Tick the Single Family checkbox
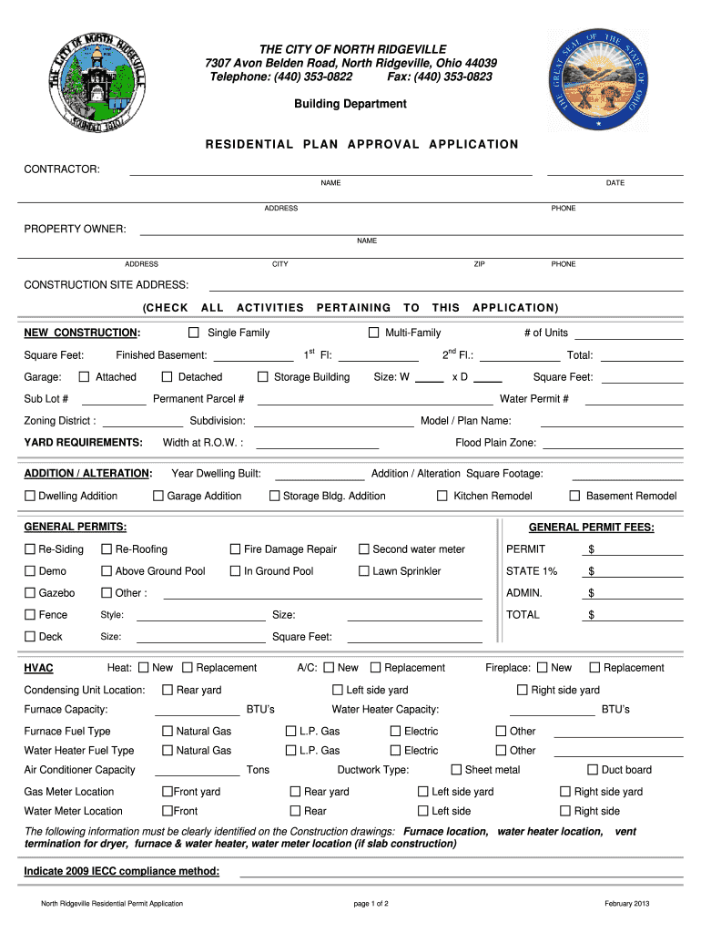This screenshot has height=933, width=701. tap(194, 333)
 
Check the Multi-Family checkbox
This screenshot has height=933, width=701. tap(373, 333)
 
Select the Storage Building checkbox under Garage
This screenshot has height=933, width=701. tap(263, 377)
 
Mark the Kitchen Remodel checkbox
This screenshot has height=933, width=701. tap(442, 496)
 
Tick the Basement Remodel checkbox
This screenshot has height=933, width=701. tap(574, 496)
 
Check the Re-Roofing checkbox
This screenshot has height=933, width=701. tap(107, 549)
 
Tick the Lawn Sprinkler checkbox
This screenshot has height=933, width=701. tap(363, 571)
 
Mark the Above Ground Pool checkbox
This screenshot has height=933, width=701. tap(107, 571)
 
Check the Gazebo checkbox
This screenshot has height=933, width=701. tap(30, 593)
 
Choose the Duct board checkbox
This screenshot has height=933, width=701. tap(593, 770)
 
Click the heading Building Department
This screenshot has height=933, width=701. tap(350, 104)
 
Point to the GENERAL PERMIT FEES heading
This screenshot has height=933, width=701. tap(591, 528)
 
